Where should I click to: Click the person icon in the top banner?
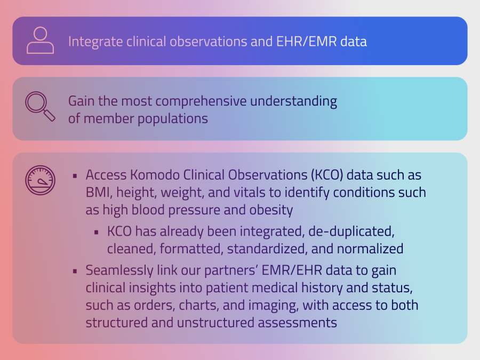pyautogui.click(x=40, y=40)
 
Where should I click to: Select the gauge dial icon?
pyautogui.click(x=40, y=180)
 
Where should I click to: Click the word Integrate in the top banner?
pyautogui.click(x=95, y=42)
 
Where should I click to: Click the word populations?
pyautogui.click(x=173, y=119)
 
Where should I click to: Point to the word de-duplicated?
pyautogui.click(x=351, y=231)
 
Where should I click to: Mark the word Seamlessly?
pyautogui.click(x=119, y=270)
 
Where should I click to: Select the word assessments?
pyautogui.click(x=297, y=323)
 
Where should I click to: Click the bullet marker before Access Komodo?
pyautogui.click(x=75, y=175)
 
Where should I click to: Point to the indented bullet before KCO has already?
pyautogui.click(x=97, y=233)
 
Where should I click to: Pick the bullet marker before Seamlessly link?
pyautogui.click(x=75, y=271)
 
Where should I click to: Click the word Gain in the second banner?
pyautogui.click(x=79, y=101)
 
